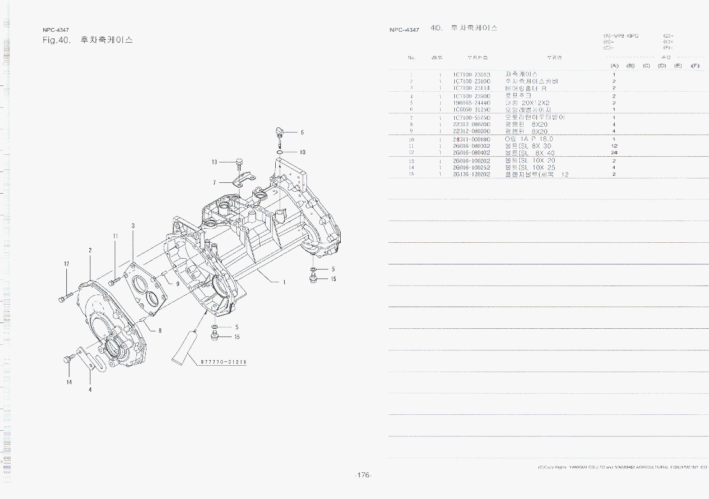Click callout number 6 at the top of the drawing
coord(302,133)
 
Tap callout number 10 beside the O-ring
coord(303,152)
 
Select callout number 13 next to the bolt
coord(215,162)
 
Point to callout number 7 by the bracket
coord(215,182)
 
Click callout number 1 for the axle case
coord(284,282)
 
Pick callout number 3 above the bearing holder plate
coord(132,226)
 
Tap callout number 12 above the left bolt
coord(66,264)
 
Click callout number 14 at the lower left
coord(69,382)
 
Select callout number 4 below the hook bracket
coord(90,389)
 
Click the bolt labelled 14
coord(68,361)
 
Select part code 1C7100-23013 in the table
coord(471,75)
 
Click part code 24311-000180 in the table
coord(471,139)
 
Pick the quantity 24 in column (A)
coord(614,153)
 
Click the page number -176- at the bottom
coord(363,475)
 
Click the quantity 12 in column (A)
coord(614,146)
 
